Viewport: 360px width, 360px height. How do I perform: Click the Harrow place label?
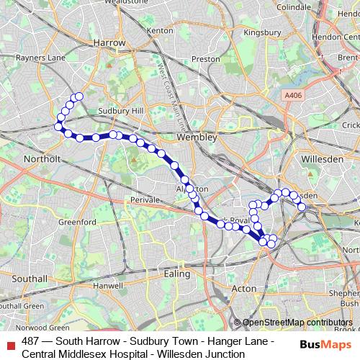109,42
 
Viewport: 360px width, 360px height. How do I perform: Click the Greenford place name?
72,222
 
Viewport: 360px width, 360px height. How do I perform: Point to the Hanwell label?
108,286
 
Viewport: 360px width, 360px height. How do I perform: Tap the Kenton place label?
159,31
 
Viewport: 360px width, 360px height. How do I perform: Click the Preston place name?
205,59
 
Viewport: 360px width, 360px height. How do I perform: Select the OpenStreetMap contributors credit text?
297,323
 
